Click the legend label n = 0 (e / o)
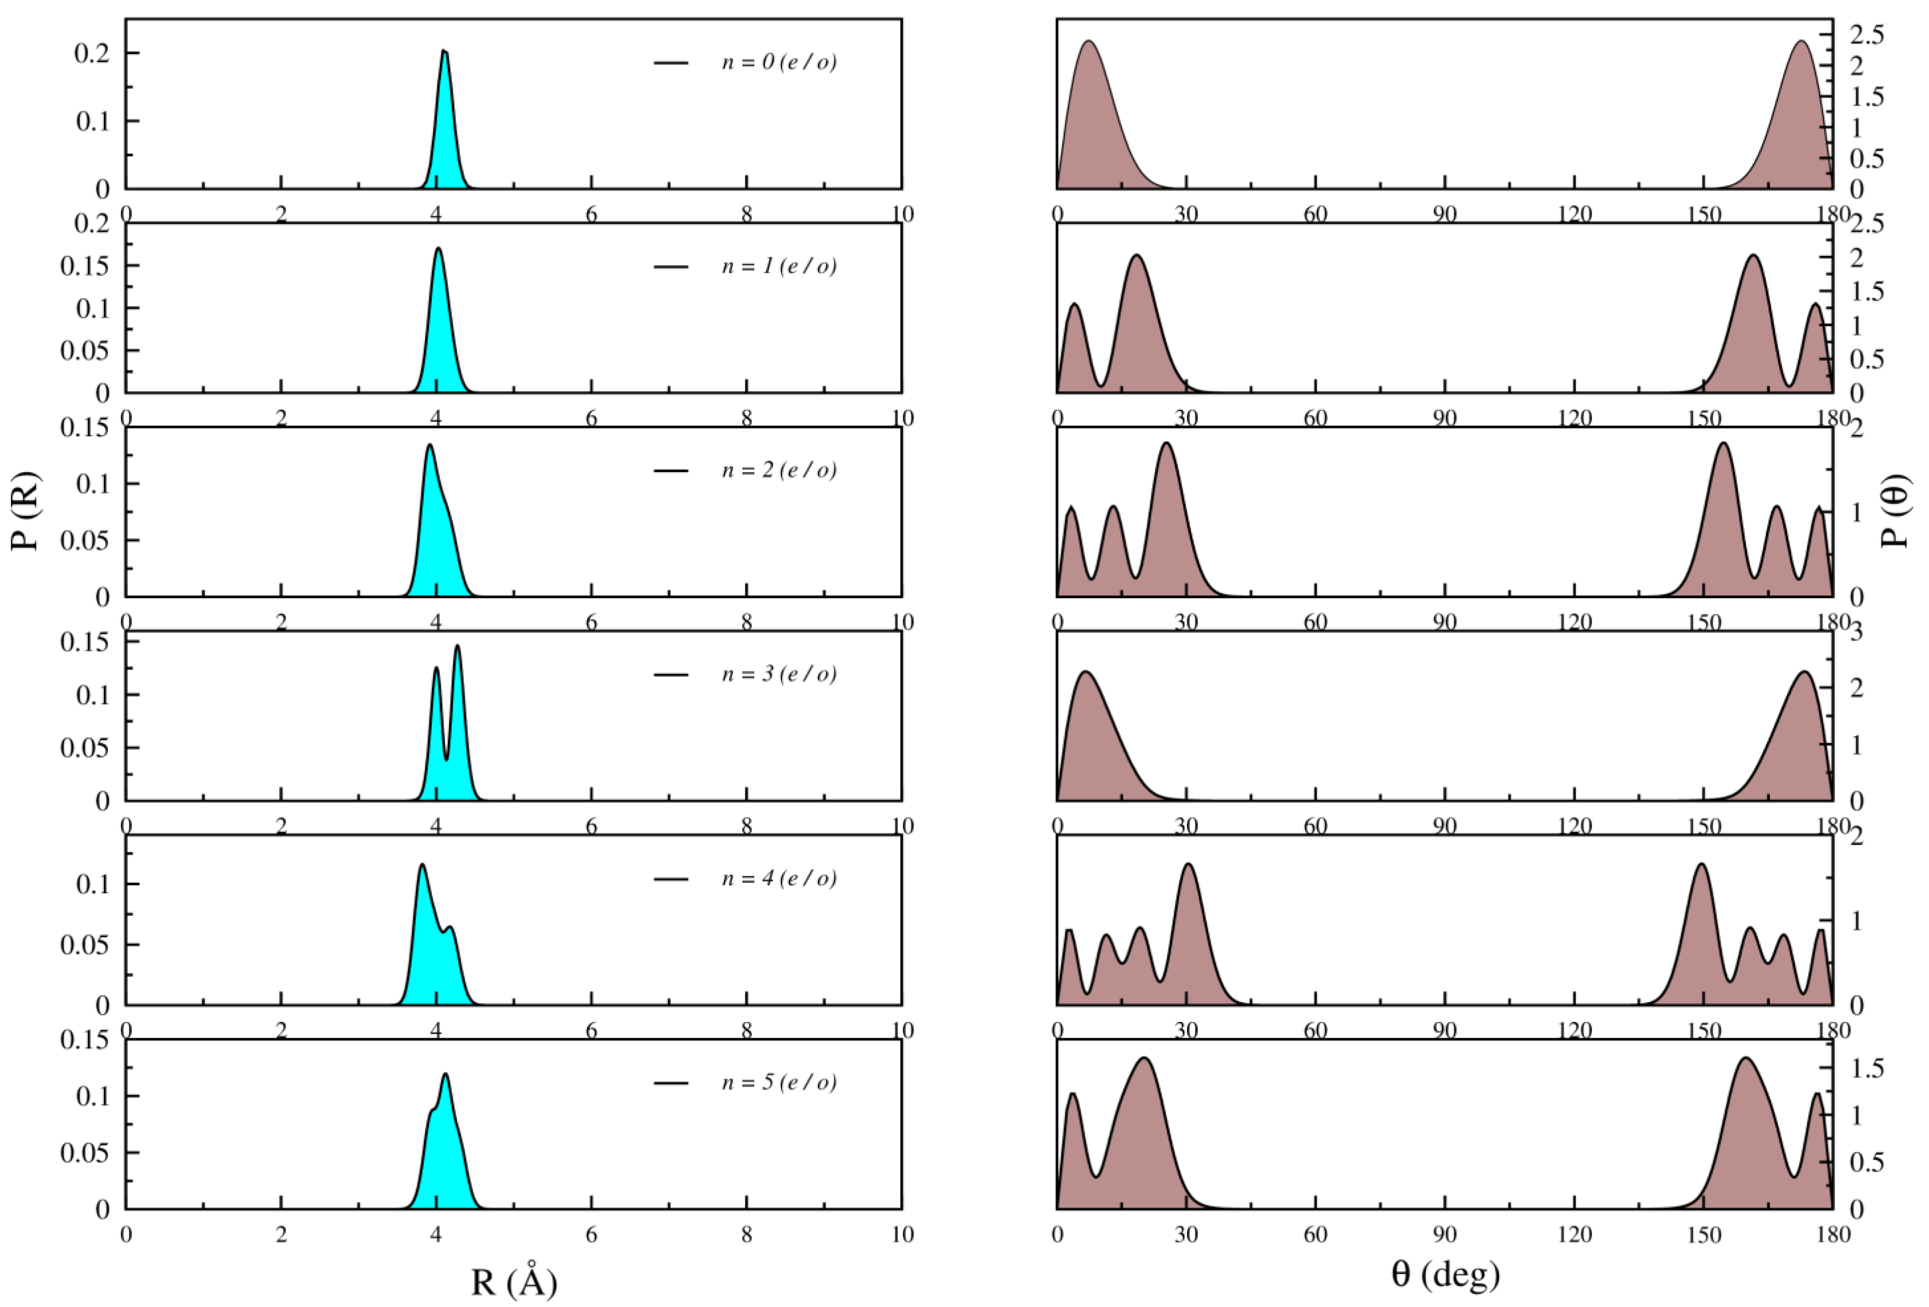click(779, 62)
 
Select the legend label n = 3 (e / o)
click(779, 674)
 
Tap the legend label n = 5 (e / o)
click(779, 1082)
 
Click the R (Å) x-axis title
click(514, 1282)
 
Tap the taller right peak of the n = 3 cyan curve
click(457, 647)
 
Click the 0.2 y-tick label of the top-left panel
click(92, 53)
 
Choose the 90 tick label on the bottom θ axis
click(1444, 1235)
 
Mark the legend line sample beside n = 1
click(671, 267)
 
